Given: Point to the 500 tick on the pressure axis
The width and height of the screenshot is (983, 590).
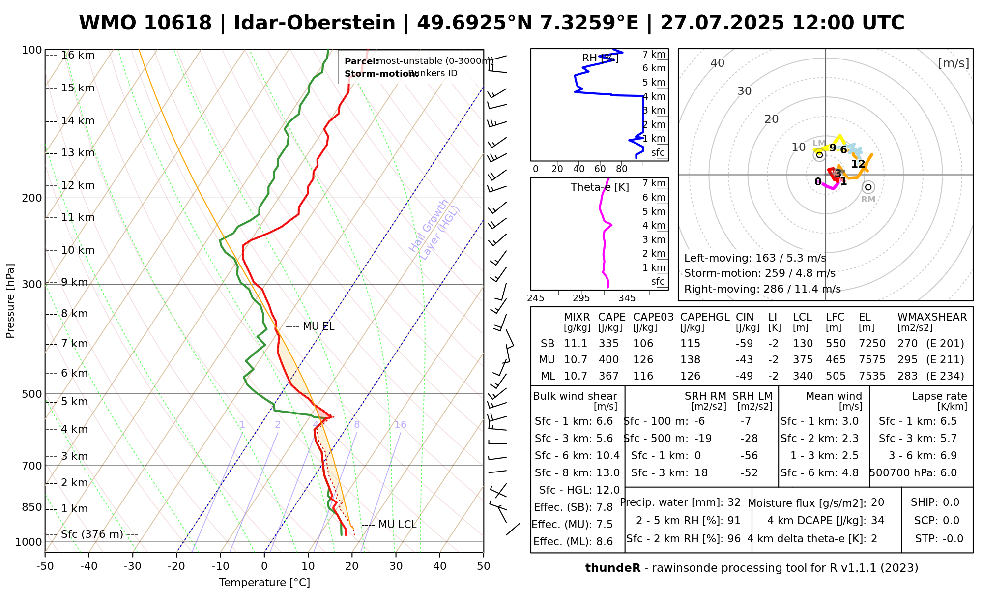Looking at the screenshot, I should click(x=32, y=394).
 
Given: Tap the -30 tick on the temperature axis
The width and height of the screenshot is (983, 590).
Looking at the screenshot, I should click(x=133, y=566).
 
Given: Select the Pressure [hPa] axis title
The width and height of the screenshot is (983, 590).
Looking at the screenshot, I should click(x=10, y=301).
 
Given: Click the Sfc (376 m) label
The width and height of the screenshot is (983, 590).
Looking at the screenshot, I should click(x=92, y=534).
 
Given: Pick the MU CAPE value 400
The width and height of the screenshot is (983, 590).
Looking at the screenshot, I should click(x=608, y=360).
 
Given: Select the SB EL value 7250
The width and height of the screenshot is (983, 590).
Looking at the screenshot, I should click(x=872, y=344).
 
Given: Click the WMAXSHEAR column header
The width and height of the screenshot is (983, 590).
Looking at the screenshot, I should click(x=932, y=317).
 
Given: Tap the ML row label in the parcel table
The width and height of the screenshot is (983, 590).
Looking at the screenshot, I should click(x=548, y=376).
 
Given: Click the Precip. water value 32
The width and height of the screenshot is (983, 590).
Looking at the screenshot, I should click(x=734, y=502).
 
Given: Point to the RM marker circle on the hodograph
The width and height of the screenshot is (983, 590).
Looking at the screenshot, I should click(x=868, y=187).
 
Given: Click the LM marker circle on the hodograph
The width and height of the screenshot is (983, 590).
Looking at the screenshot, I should click(x=819, y=155).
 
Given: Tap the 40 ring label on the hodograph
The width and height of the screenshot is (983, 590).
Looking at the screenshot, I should click(x=718, y=63).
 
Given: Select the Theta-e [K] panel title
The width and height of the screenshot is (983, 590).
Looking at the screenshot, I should click(x=600, y=187).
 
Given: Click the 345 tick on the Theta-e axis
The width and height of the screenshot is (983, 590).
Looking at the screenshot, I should click(x=627, y=298).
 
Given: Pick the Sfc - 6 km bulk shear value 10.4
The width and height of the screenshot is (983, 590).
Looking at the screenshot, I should click(x=607, y=456).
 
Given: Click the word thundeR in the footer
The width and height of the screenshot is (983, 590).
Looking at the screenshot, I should click(x=613, y=568).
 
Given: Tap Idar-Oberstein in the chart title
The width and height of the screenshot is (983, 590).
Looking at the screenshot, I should click(x=315, y=23).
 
